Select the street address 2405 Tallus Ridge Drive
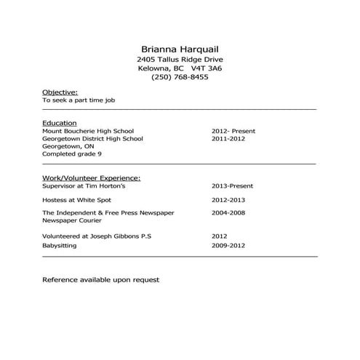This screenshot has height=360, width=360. pyautogui.click(x=180, y=58)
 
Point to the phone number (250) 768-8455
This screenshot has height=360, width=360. pyautogui.click(x=180, y=77)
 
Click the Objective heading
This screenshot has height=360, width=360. pyautogui.click(x=60, y=92)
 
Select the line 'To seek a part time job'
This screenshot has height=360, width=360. pyautogui.click(x=79, y=101)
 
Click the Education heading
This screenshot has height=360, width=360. pyautogui.click(x=60, y=123)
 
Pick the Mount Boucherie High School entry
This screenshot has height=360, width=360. pyautogui.click(x=88, y=131)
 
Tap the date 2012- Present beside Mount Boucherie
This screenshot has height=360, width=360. pyautogui.click(x=233, y=131)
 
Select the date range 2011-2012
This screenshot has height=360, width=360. pyautogui.click(x=228, y=138)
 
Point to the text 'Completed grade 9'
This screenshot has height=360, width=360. pyautogui.click(x=72, y=154)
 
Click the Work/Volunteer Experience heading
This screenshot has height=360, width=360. pyautogui.click(x=92, y=177)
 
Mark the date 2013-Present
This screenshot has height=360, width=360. pyautogui.click(x=232, y=186)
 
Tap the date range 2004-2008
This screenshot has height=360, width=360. pyautogui.click(x=228, y=212)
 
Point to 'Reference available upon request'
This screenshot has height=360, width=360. pyautogui.click(x=100, y=279)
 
